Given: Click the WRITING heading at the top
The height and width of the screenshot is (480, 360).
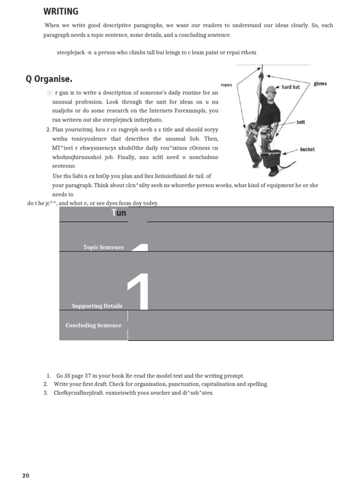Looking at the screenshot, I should pyautogui.click(x=61, y=12).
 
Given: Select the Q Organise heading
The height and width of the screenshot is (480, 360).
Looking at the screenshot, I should pyautogui.click(x=49, y=79).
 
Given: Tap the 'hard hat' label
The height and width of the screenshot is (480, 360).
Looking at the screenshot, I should pyautogui.click(x=290, y=87).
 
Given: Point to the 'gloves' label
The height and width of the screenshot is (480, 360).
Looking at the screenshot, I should pyautogui.click(x=320, y=84).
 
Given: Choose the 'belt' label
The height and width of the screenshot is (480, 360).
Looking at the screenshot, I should pyautogui.click(x=300, y=122).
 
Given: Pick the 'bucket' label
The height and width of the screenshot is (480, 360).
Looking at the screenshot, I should pyautogui.click(x=307, y=150).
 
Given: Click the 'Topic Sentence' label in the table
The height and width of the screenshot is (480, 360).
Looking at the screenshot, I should pyautogui.click(x=104, y=247).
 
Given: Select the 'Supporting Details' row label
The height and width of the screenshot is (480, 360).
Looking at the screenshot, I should pyautogui.click(x=97, y=306).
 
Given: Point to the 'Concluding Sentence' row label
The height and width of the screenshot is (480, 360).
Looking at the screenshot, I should pyautogui.click(x=93, y=325).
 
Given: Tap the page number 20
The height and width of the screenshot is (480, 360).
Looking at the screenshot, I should pyautogui.click(x=26, y=475).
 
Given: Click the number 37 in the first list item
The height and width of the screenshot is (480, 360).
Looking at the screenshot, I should pyautogui.click(x=89, y=376).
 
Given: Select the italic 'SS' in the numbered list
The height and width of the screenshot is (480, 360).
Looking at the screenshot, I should pyautogui.click(x=67, y=376).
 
